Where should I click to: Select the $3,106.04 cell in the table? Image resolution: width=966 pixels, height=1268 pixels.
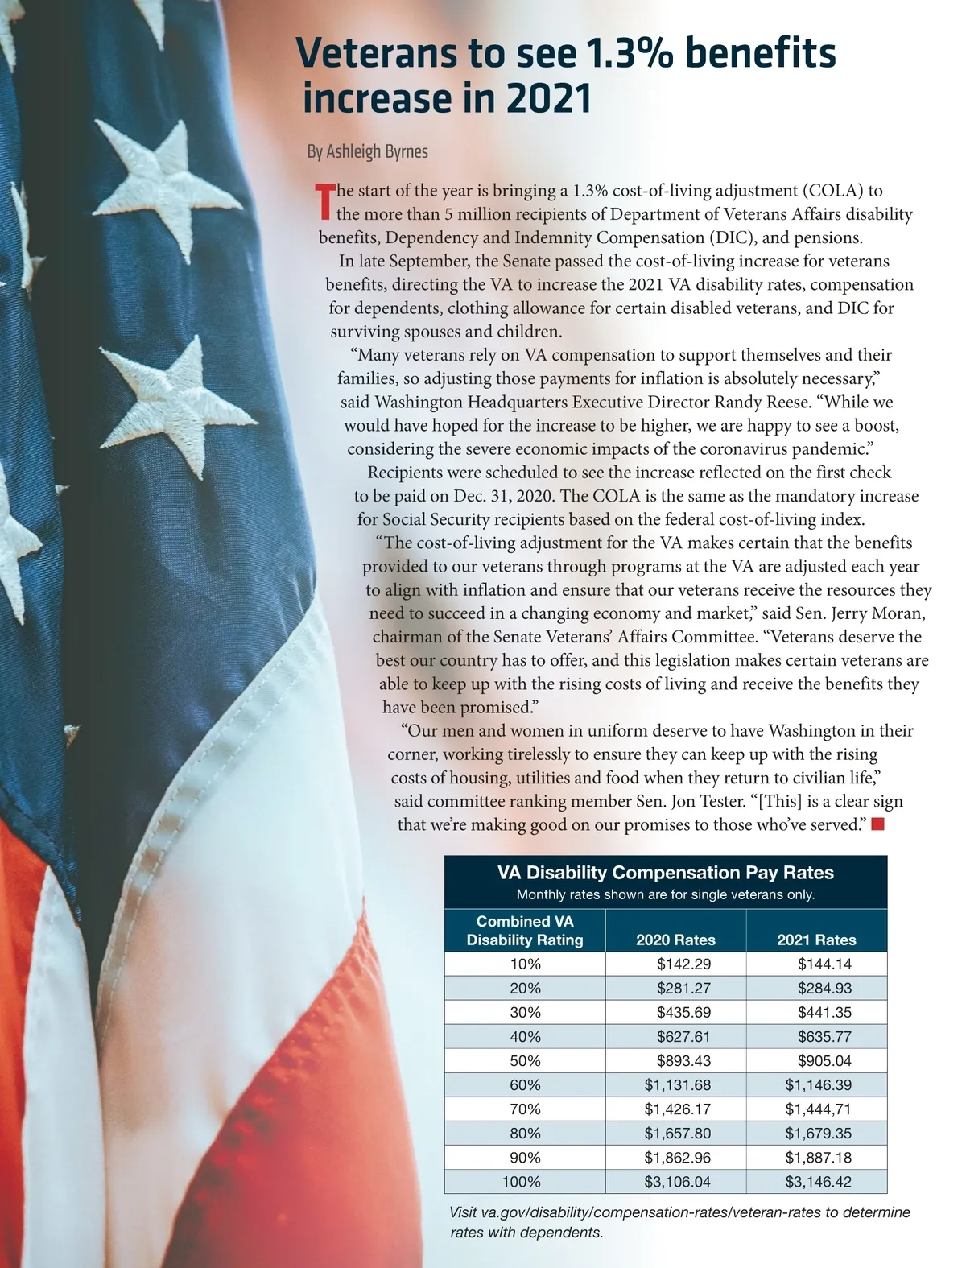[x=677, y=1182]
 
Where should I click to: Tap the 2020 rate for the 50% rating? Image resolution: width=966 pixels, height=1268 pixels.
[x=683, y=1061]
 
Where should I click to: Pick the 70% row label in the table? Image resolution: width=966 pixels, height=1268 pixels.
[x=525, y=1109]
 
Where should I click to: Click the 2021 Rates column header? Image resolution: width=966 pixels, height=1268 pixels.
[x=816, y=940]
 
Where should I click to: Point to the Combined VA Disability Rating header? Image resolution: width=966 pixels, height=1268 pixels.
[x=525, y=931]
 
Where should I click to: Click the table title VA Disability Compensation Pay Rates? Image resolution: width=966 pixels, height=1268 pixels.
[x=665, y=873]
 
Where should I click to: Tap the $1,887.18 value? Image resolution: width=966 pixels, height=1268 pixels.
[x=818, y=1158]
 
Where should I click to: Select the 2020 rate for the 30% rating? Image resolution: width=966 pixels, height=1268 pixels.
[x=683, y=1013]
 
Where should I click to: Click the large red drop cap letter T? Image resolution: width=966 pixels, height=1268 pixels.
[x=324, y=201]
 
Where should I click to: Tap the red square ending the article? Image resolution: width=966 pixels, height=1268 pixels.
[x=877, y=824]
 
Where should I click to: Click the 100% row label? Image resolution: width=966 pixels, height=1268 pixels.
[x=522, y=1182]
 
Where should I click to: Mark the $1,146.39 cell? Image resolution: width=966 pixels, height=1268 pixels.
[x=818, y=1085]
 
